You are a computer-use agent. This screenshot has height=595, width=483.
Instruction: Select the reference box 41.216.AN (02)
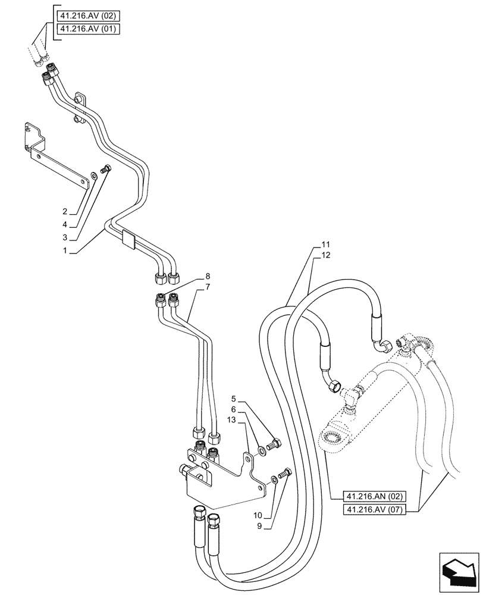(375, 496)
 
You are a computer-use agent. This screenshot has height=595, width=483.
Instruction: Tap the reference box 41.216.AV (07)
(375, 509)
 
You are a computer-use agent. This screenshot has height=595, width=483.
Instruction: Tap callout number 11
(325, 245)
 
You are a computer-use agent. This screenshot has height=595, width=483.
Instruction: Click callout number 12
(325, 255)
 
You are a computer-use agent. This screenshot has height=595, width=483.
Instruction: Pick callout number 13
(232, 420)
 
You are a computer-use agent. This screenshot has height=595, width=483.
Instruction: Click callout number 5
(234, 399)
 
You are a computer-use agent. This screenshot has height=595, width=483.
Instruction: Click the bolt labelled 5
(274, 443)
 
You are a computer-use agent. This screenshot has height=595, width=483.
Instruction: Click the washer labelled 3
(95, 176)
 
